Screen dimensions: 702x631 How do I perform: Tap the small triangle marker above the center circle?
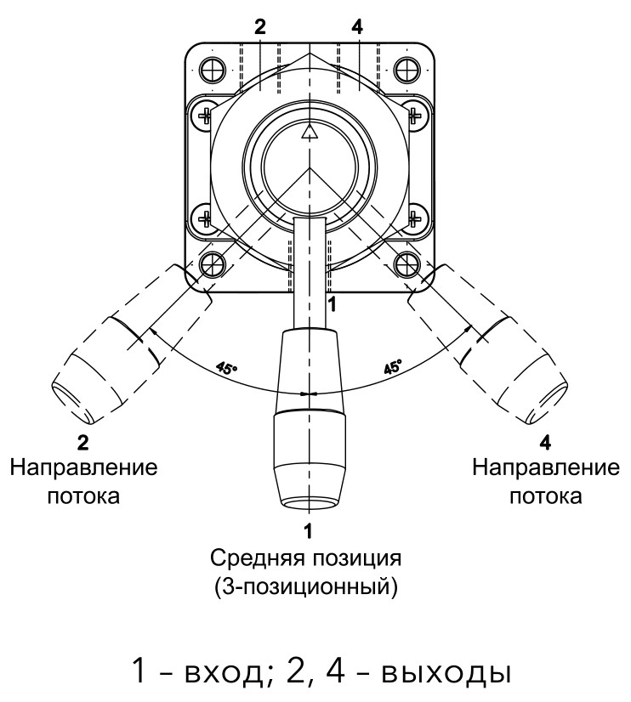[310, 132]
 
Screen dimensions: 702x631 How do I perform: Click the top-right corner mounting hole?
[409, 66]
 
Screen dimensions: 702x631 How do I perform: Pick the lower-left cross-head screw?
[205, 219]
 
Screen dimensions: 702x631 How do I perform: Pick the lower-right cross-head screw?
[415, 219]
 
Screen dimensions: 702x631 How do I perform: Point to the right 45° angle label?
[392, 369]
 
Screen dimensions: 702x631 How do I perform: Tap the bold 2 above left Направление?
[83, 442]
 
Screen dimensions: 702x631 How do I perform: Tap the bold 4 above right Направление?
[544, 442]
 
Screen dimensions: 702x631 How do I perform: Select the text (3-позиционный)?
[310, 586]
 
